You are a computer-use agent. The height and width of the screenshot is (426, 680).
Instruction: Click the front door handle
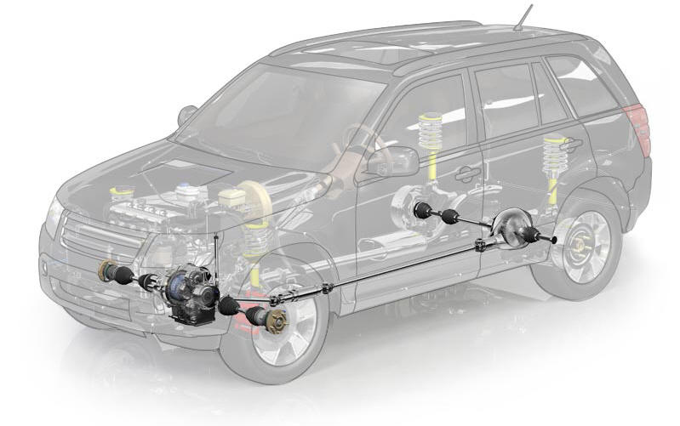tap(466, 173)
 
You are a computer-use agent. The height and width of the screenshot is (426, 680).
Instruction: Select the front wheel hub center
tap(276, 321)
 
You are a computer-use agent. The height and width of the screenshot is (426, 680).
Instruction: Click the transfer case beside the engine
tap(192, 290)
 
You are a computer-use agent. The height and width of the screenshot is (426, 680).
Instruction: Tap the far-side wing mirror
tap(186, 114)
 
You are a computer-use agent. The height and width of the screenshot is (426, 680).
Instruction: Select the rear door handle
tap(569, 145)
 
